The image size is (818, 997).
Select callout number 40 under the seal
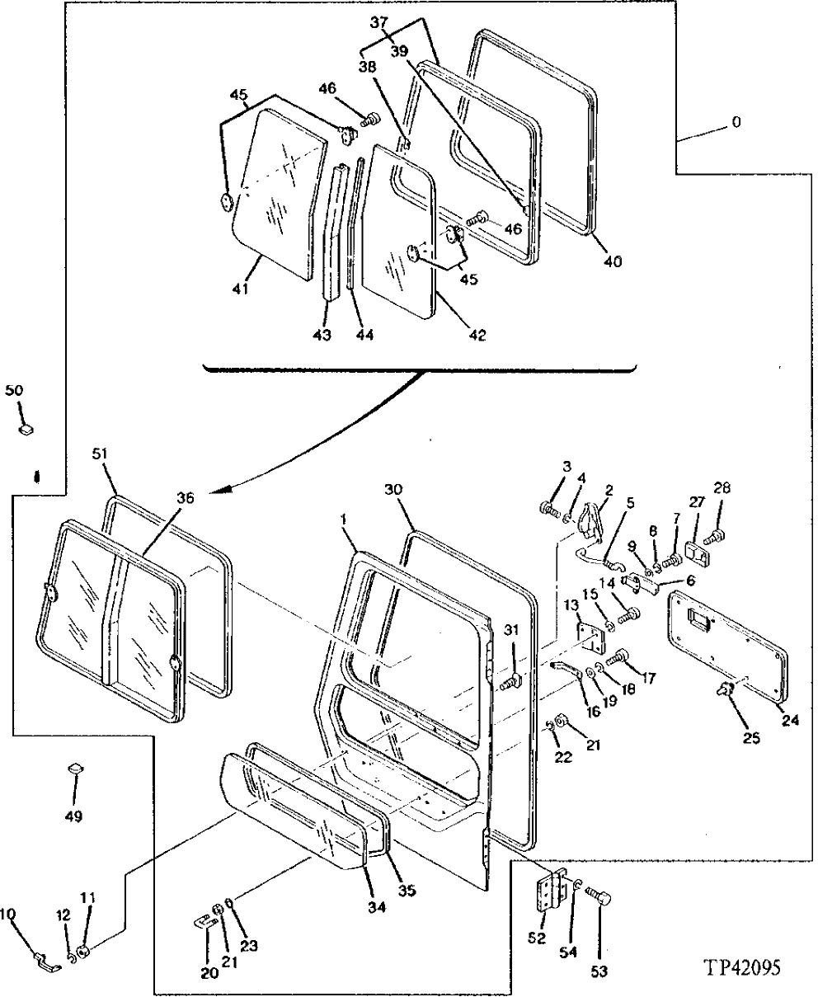pyautogui.click(x=611, y=261)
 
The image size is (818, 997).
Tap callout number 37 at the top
pyautogui.click(x=378, y=23)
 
